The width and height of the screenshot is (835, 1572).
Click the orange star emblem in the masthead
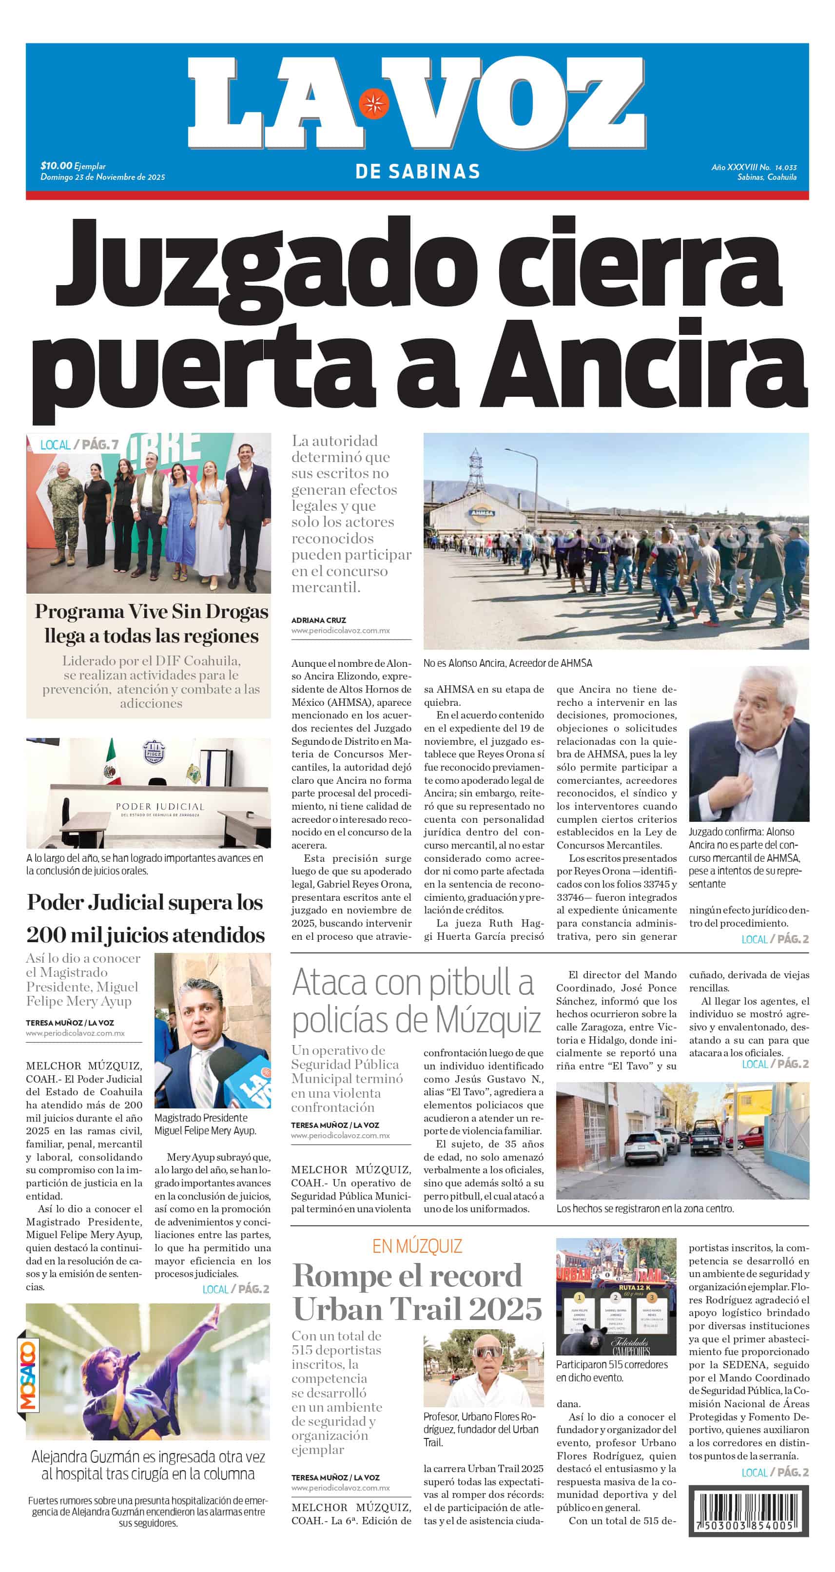point(373,103)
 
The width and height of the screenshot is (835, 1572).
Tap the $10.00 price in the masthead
point(56,165)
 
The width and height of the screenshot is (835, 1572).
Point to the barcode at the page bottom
point(748,1512)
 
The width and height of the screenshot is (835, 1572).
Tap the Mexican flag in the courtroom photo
point(111,763)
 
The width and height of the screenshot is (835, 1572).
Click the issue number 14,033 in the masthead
point(786,167)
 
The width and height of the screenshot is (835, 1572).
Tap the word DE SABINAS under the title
point(417,172)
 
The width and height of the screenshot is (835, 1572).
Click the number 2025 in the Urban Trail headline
point(505,1309)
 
